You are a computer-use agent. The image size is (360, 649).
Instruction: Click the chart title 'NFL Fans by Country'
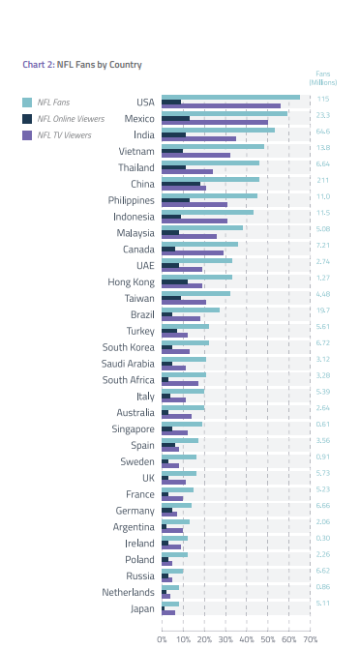(x=82, y=65)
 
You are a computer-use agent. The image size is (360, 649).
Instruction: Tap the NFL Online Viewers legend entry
(x=64, y=118)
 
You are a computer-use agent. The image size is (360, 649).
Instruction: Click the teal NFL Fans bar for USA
(x=230, y=96)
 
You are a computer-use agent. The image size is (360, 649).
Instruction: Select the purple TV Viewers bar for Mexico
(x=214, y=123)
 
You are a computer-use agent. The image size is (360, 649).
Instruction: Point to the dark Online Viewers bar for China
(x=181, y=183)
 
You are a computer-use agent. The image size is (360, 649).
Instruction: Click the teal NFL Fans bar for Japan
(x=170, y=604)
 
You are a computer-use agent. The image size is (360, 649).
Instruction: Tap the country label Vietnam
(x=136, y=151)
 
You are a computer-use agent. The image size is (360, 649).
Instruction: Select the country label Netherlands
(x=129, y=592)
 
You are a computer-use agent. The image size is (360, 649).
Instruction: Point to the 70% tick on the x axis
(x=310, y=639)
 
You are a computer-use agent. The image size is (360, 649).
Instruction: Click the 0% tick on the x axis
(x=163, y=639)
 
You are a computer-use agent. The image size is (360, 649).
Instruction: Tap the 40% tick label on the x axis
(x=246, y=639)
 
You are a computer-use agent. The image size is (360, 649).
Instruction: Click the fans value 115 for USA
(x=322, y=99)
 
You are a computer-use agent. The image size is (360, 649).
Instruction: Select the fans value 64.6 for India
(x=322, y=132)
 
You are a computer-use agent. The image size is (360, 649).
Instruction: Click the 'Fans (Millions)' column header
(x=322, y=77)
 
